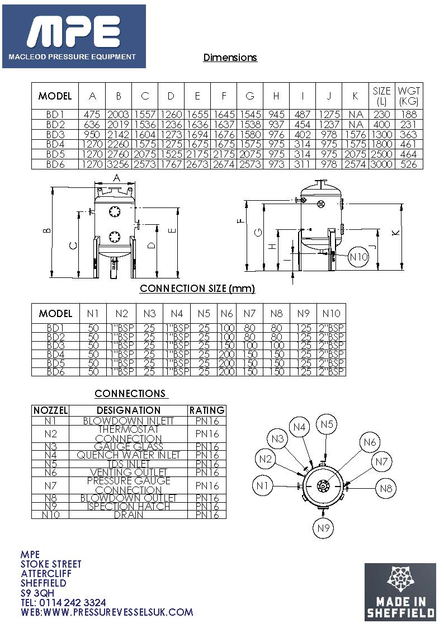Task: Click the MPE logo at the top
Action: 74,36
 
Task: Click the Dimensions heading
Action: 230,58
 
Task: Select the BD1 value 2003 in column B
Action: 118,115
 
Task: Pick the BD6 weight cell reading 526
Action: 409,164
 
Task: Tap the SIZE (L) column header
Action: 381,96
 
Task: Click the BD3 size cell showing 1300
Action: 381,135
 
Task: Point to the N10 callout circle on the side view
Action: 358,257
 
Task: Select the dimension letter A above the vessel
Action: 116,178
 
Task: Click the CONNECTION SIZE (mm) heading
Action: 197,289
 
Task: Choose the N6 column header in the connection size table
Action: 226,313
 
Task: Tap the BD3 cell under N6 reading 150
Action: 226,346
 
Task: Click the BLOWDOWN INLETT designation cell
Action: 128,421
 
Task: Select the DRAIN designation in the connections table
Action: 128,514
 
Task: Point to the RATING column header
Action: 207,410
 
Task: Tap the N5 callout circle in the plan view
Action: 327,425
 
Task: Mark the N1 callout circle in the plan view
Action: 263,485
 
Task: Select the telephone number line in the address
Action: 63,602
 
